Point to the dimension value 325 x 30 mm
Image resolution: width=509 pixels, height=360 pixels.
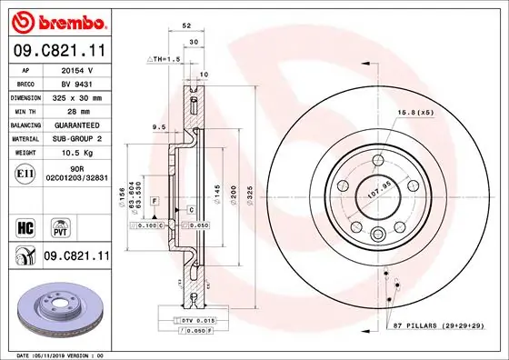(x=76, y=96)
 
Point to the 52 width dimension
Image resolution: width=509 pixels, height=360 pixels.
(x=186, y=27)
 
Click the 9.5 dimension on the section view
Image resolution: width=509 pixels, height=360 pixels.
(x=158, y=127)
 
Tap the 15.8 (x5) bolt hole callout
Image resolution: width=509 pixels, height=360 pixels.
(x=414, y=113)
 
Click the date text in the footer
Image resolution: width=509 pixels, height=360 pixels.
(x=55, y=355)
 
